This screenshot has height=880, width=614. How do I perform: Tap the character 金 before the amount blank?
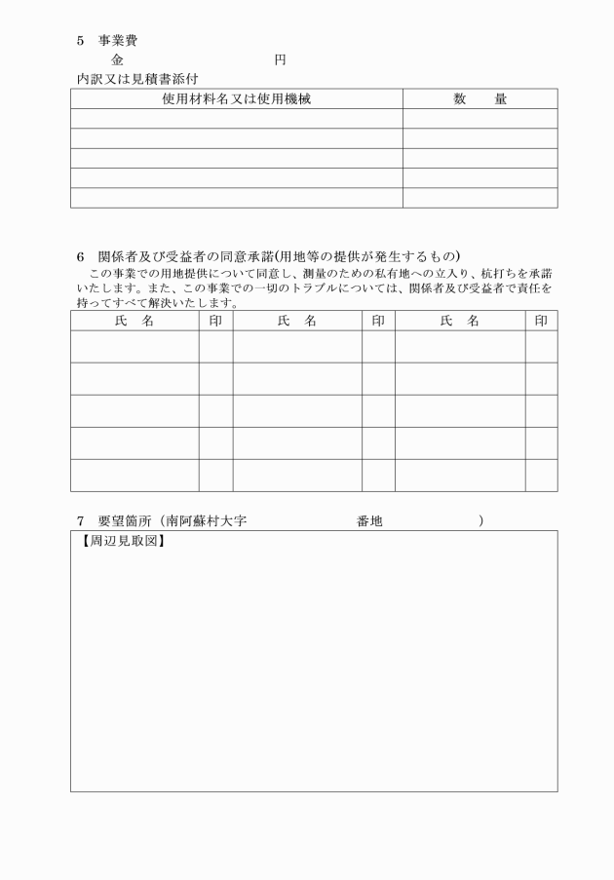117,60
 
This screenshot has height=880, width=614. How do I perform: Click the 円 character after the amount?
280,60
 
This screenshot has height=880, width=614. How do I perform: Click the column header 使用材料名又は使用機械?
236,98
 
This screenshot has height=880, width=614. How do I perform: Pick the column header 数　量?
480,98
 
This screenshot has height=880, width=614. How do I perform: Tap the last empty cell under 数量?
480,198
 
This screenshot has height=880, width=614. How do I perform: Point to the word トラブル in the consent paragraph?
308,288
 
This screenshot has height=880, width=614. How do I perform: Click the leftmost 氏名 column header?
134,321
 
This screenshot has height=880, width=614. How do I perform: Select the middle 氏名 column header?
297,321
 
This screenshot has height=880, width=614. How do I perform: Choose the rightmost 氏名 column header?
460,321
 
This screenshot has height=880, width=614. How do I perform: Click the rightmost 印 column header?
541,321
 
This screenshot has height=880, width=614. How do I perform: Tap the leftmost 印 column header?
215,321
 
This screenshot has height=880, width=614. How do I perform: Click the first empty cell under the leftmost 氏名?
134,347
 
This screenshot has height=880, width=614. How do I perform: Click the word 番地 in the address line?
369,522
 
